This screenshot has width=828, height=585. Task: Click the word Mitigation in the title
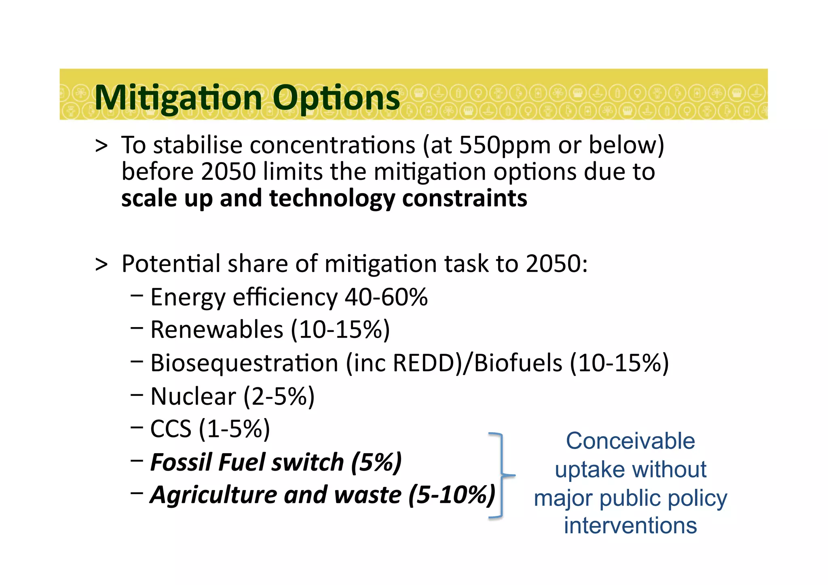(x=178, y=98)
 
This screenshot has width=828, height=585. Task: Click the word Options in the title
(x=336, y=98)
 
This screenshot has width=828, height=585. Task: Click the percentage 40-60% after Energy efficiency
(x=386, y=297)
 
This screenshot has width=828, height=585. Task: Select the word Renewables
(x=217, y=329)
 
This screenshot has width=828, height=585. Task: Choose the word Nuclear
(x=193, y=396)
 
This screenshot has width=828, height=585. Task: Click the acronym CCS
(x=171, y=429)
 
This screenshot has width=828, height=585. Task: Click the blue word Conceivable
(x=630, y=441)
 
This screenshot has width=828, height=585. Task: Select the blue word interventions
(x=630, y=526)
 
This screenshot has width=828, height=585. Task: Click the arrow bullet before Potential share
(x=101, y=264)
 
